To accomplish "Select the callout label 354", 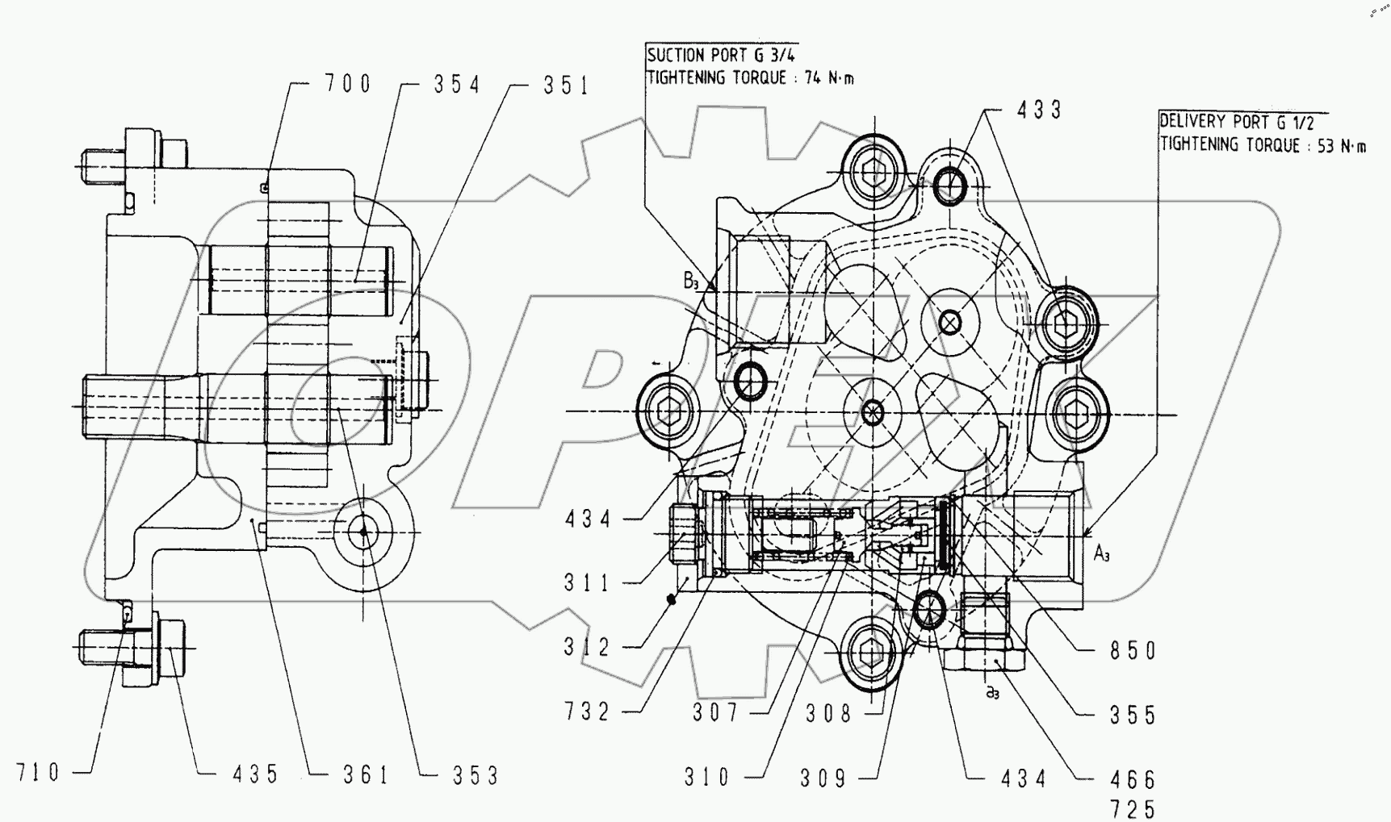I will pyautogui.click(x=456, y=85).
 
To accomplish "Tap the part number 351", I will pyautogui.click(x=566, y=86).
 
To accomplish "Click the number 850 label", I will pyautogui.click(x=1133, y=651).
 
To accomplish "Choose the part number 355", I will pyautogui.click(x=1133, y=716).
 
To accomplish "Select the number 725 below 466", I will pyautogui.click(x=1133, y=807).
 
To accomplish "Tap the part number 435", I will pyautogui.click(x=255, y=774).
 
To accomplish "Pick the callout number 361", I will pyautogui.click(x=365, y=775).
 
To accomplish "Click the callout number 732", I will pyautogui.click(x=588, y=712).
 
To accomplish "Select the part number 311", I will pyautogui.click(x=588, y=582).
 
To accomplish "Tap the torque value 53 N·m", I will pyautogui.click(x=1339, y=146).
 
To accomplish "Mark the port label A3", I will pyautogui.click(x=1102, y=553).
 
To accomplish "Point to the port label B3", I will pyautogui.click(x=691, y=282).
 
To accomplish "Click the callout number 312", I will pyautogui.click(x=588, y=647).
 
